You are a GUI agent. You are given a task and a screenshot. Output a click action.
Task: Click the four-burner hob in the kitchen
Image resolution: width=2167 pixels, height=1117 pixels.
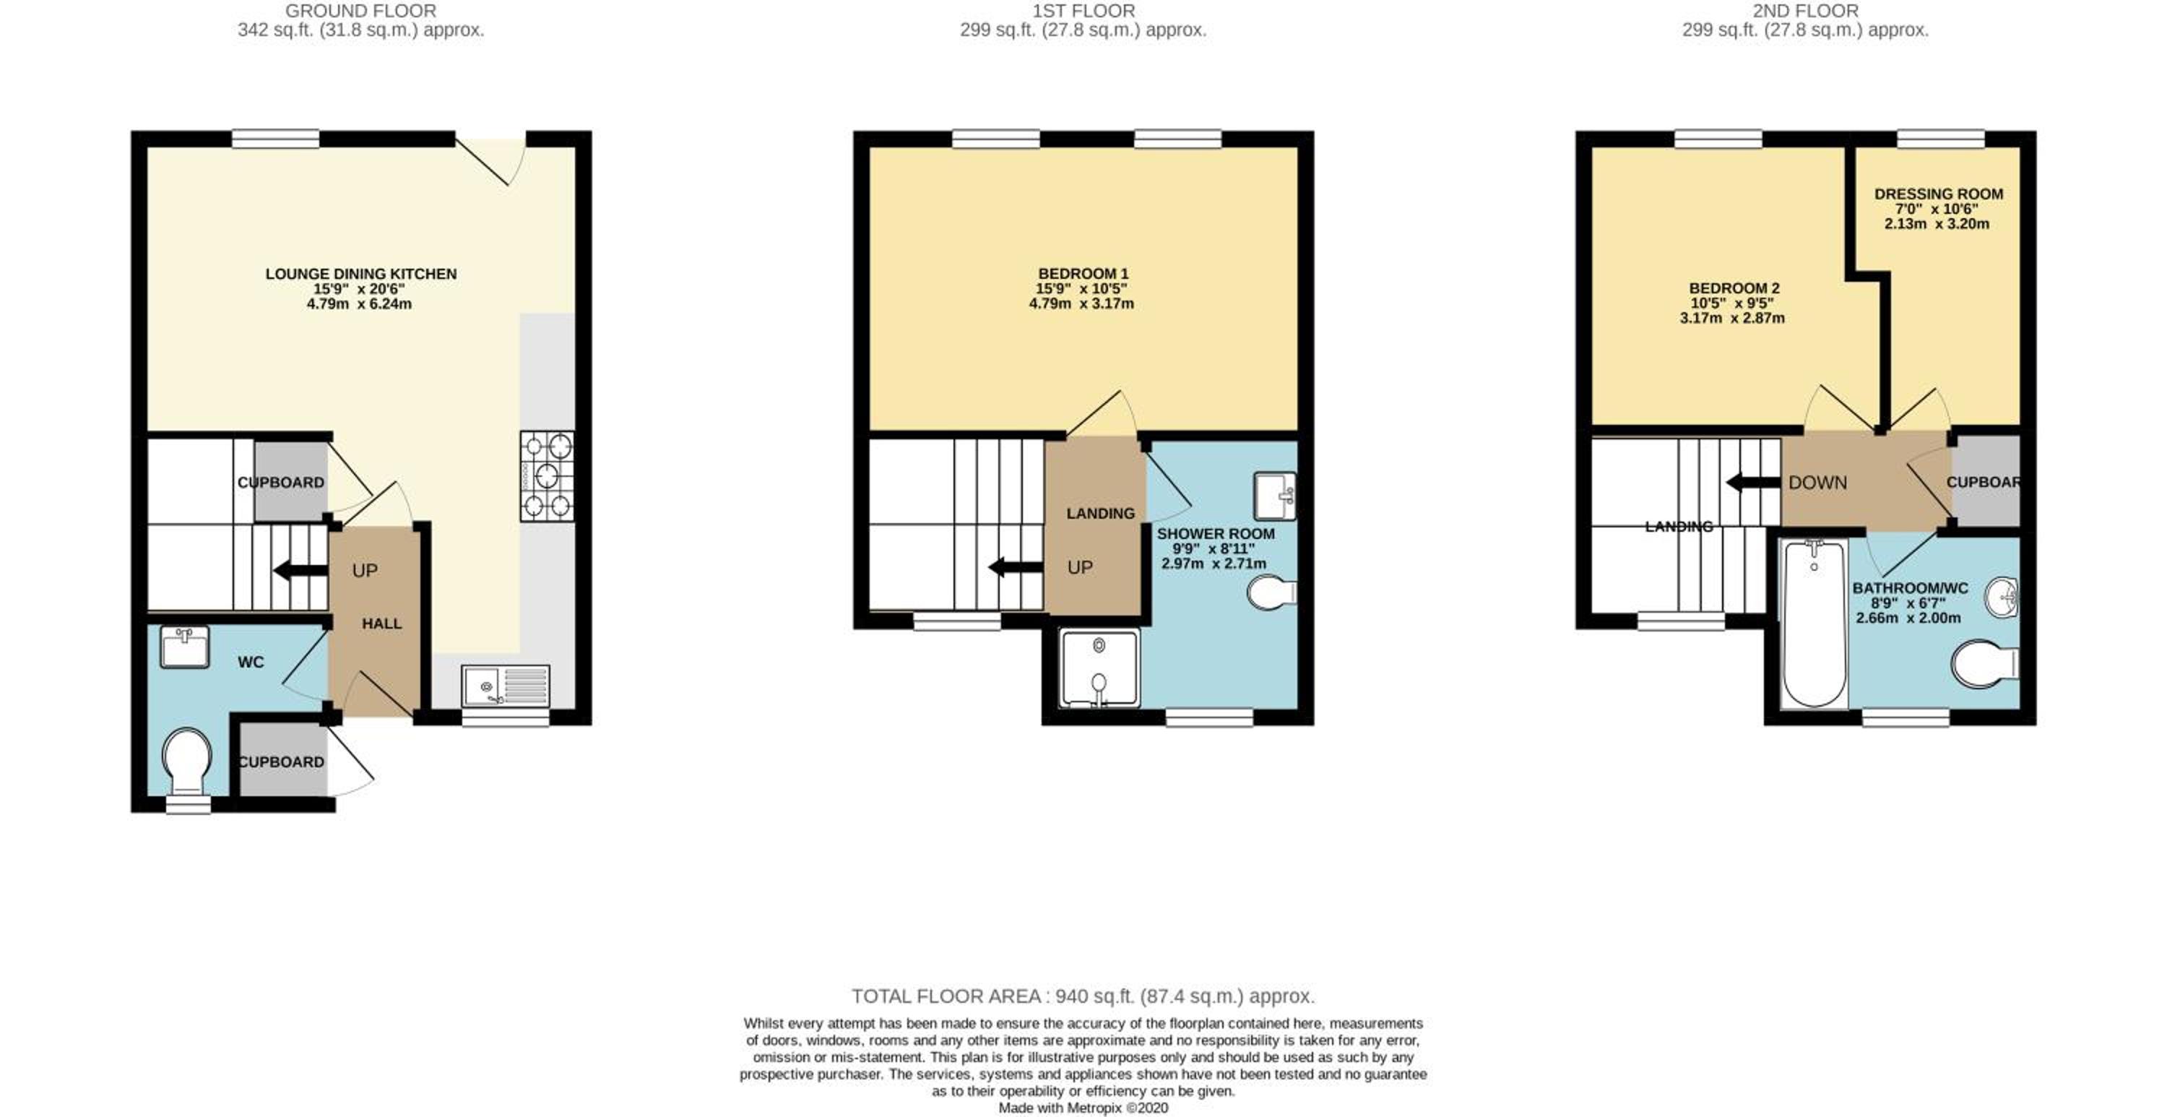coord(547,476)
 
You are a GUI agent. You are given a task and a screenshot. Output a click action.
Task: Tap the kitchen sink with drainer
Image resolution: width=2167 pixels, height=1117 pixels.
coord(506,686)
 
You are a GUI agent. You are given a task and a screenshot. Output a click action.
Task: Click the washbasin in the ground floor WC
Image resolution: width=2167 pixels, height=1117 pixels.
coord(185,647)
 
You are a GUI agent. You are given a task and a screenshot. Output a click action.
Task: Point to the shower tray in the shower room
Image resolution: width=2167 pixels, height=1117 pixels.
coord(1100,668)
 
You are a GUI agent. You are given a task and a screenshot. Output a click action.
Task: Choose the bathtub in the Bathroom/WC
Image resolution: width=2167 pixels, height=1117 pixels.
coord(1814,624)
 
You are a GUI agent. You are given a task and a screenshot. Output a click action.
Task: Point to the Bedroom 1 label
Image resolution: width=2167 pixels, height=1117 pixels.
coord(1083,274)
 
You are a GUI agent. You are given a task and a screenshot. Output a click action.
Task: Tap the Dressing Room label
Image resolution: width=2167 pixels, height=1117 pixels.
coord(1938,194)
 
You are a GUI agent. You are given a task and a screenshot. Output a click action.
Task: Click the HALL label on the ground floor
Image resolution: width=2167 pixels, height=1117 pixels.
coord(382,624)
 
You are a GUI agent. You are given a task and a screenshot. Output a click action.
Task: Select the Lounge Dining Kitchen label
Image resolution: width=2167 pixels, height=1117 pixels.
coord(361,274)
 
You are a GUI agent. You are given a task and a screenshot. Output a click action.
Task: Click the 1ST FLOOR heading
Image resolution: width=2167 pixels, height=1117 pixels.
coord(1083,11)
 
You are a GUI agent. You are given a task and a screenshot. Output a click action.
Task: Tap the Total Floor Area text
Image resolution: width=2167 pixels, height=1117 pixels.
coord(1083,996)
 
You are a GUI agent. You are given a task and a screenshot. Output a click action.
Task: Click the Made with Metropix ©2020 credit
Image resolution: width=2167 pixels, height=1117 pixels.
coord(1083,1108)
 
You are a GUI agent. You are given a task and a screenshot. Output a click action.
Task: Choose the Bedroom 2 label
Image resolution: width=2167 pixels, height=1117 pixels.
coord(1734,288)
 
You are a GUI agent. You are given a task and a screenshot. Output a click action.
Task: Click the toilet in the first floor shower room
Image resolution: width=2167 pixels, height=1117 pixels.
coord(1272,592)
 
